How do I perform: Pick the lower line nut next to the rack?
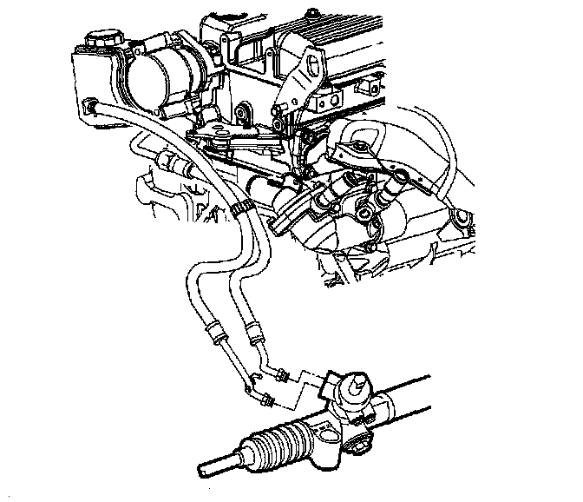[x=269, y=401]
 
